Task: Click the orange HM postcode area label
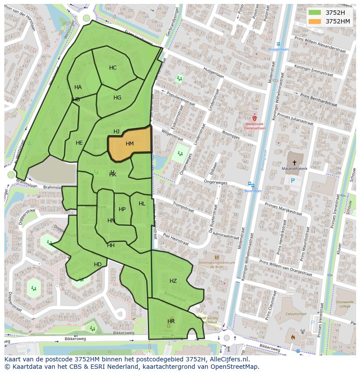[x=130, y=144]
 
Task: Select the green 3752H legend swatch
[x=315, y=13]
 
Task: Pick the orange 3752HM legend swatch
[x=315, y=21]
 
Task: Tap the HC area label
[x=113, y=68]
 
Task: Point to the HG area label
[x=117, y=98]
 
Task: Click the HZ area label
[x=173, y=281]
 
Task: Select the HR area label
[x=171, y=321]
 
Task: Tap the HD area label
[x=98, y=265]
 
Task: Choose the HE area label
[x=79, y=143]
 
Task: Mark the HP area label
[x=122, y=209]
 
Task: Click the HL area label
[x=142, y=204]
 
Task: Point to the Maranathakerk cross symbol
[x=294, y=162]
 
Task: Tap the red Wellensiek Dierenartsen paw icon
[x=254, y=118]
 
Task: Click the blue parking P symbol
[x=293, y=181]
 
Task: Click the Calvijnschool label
[x=299, y=314]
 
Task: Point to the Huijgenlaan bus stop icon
[x=278, y=44]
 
